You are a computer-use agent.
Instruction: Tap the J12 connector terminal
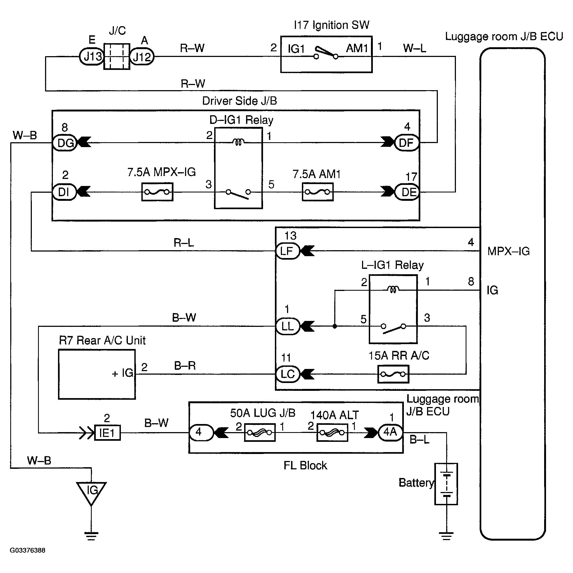(142, 56)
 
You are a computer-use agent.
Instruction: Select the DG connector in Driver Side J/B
(65, 143)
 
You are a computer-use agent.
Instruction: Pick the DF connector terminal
(407, 143)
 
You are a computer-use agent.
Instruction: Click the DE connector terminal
(407, 192)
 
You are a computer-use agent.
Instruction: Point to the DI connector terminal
(65, 192)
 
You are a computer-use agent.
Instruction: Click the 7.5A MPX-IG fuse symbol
(157, 192)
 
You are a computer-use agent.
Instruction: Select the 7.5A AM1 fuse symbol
(318, 192)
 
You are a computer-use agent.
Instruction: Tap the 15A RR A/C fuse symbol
(393, 374)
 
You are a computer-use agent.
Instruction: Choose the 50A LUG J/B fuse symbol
(260, 432)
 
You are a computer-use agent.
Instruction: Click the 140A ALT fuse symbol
(332, 432)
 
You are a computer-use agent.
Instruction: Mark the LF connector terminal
(288, 251)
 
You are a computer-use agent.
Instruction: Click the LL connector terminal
(288, 326)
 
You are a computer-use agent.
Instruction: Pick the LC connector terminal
(288, 374)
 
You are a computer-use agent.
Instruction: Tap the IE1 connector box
(107, 433)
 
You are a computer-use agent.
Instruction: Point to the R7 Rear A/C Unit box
(97, 374)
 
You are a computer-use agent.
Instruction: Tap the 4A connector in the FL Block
(391, 432)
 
